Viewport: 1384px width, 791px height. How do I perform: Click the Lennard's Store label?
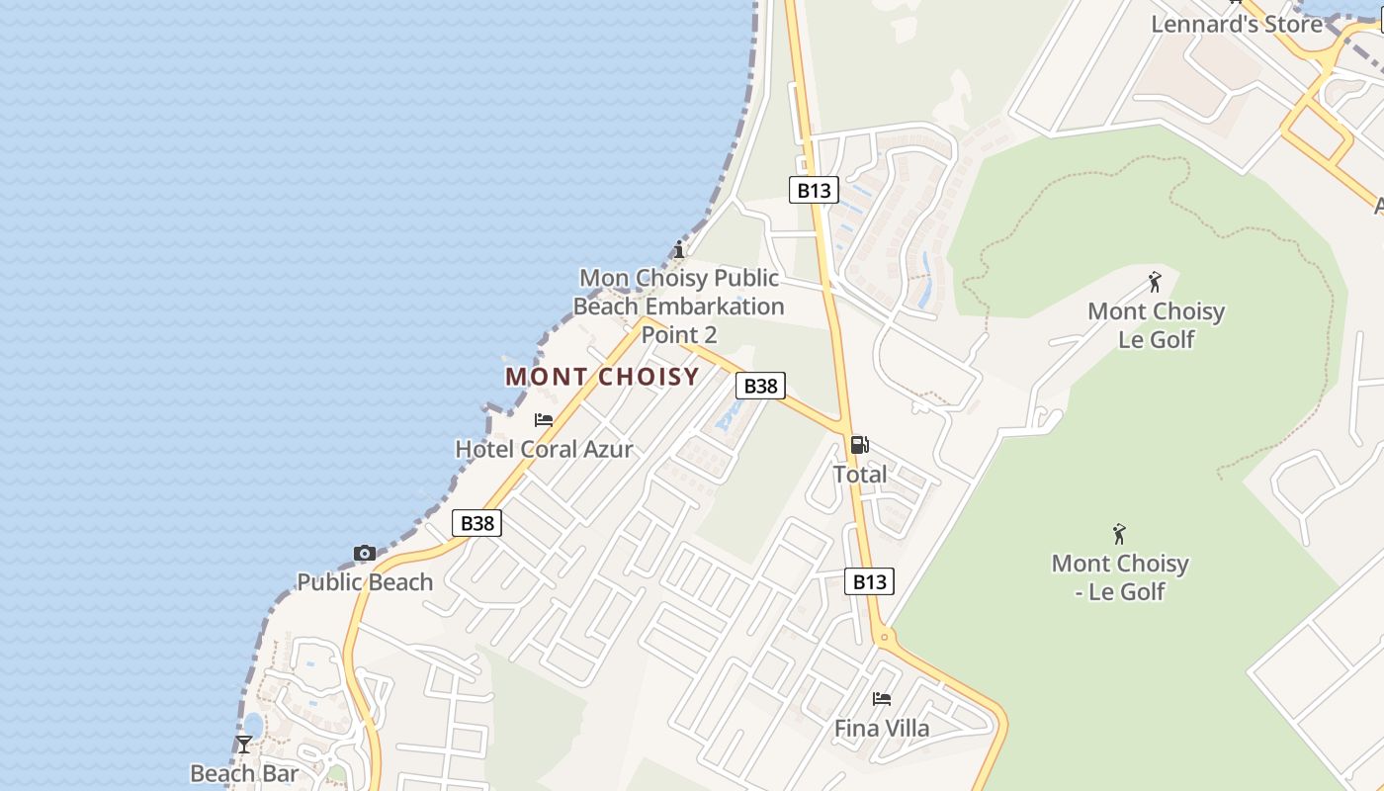pos(1236,25)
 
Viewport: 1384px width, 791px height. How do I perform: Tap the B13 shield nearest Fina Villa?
pos(870,581)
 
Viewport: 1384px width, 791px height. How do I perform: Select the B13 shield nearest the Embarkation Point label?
pos(814,190)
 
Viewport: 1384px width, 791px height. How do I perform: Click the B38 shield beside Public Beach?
pos(476,523)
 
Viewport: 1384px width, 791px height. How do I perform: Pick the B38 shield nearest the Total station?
pos(760,386)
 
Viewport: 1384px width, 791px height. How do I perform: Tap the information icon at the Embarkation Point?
pos(679,249)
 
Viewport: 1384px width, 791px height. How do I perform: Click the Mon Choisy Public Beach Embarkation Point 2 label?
pos(679,307)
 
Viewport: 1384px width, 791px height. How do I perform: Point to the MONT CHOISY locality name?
pos(602,377)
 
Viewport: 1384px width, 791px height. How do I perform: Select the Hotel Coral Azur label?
pos(544,449)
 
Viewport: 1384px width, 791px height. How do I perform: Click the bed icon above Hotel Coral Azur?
pos(544,420)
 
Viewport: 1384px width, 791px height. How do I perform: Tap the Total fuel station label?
pos(860,475)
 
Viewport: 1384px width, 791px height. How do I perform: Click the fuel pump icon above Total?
pos(860,445)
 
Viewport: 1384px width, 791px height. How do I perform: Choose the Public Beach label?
pos(365,582)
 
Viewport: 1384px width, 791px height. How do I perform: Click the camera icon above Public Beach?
pos(365,554)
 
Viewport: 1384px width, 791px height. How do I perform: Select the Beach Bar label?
pos(243,773)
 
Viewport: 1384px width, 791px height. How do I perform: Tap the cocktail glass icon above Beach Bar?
pos(244,744)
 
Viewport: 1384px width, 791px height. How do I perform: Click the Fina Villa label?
pos(882,729)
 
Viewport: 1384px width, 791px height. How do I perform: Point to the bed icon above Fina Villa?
pos(882,699)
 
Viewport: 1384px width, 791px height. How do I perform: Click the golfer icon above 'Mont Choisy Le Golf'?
pos(1155,283)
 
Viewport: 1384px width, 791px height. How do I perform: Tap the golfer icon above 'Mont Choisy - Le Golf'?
pos(1119,535)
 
